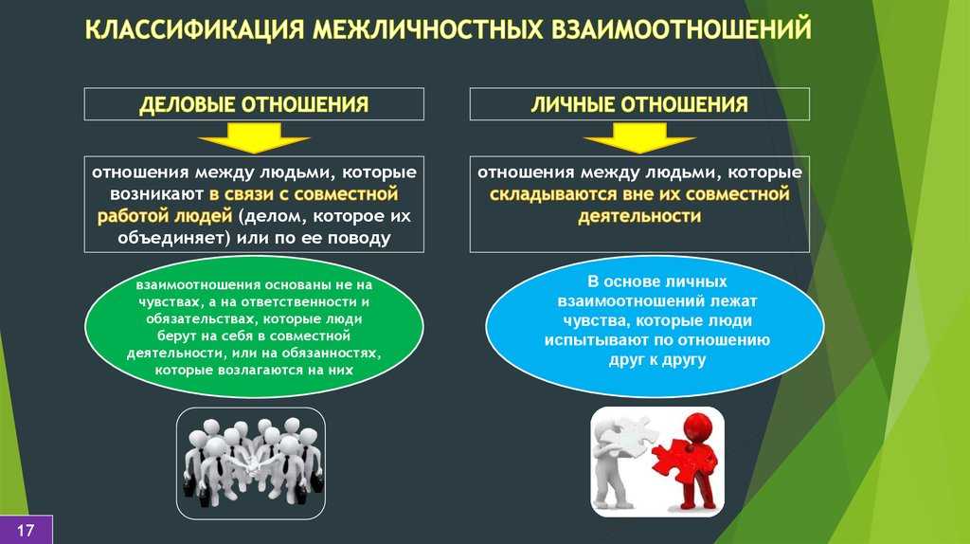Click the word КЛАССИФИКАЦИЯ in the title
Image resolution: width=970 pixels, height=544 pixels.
[194, 29]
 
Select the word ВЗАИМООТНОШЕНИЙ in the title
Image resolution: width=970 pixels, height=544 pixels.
[680, 29]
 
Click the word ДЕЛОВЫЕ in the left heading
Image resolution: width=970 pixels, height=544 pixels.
[186, 104]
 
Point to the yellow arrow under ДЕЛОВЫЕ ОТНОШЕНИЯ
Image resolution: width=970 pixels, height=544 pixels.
[254, 137]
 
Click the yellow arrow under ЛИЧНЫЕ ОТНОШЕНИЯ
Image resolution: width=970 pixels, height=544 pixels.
[639, 137]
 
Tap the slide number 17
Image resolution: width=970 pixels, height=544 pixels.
[26, 531]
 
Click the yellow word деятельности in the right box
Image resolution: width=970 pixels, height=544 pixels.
[639, 217]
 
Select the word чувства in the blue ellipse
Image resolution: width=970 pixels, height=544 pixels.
[597, 320]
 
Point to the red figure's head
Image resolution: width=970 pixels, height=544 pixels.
[696, 425]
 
